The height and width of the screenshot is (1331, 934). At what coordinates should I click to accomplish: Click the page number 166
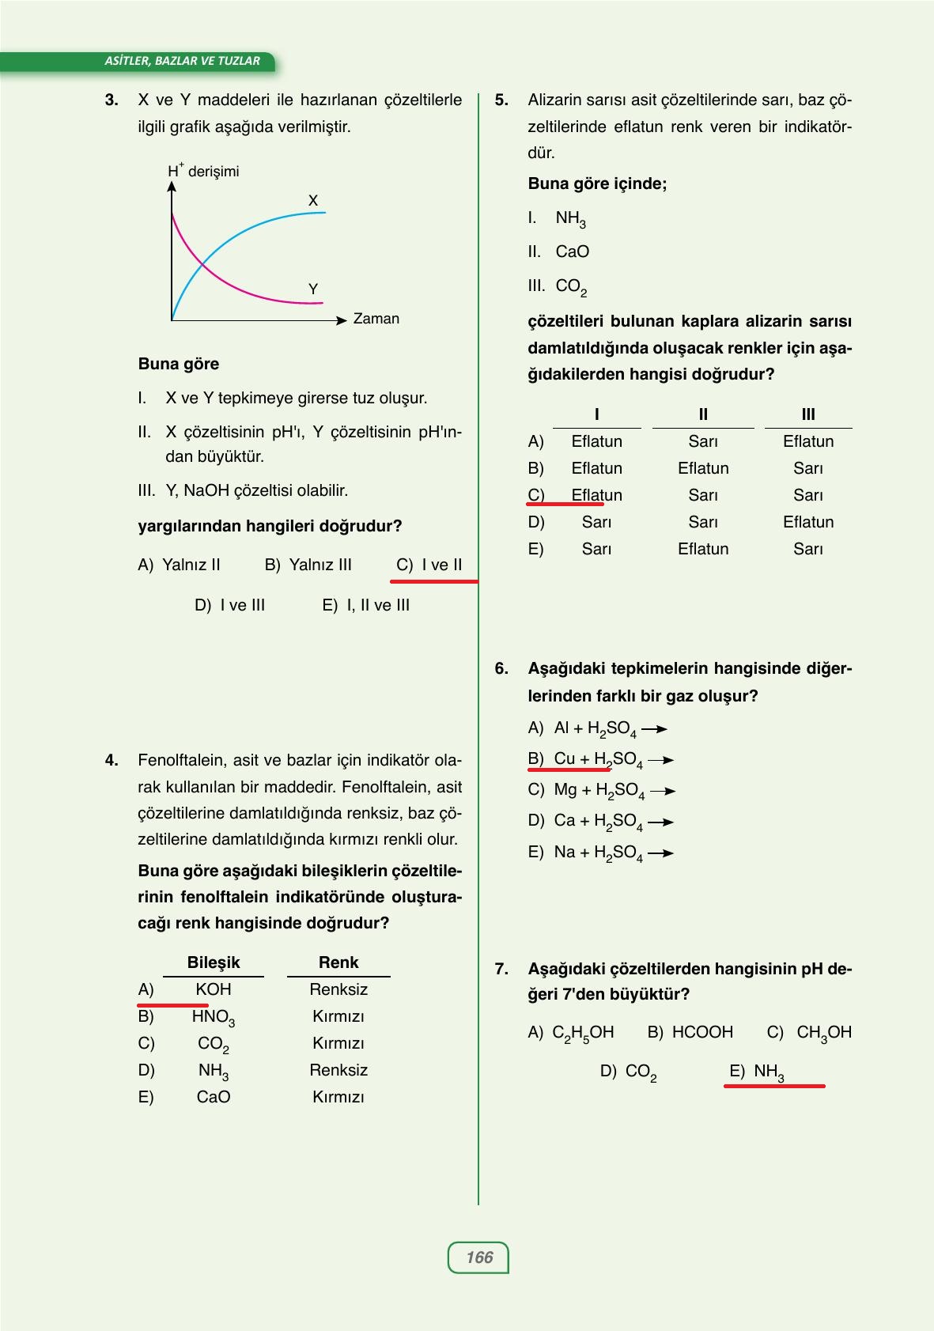coord(478,1257)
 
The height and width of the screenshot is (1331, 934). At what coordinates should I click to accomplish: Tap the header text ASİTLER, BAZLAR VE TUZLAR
coord(182,61)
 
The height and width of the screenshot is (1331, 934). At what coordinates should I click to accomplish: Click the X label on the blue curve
coord(313,201)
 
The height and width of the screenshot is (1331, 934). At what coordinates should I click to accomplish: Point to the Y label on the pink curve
coord(313,289)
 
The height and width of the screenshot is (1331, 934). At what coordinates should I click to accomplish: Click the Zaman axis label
coord(376,319)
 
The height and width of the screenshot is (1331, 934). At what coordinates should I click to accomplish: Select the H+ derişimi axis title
coord(203,171)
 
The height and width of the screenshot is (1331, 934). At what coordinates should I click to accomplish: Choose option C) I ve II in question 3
coord(429,565)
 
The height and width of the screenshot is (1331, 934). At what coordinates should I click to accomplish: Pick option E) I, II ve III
coord(366,605)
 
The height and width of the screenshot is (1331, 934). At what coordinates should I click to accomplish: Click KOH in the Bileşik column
coord(214,989)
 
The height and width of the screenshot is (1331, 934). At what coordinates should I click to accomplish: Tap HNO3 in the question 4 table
coord(213,1017)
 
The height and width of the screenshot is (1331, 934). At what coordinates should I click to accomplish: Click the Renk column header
coord(338,962)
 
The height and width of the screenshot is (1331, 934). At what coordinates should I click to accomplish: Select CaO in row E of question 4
coord(214,1097)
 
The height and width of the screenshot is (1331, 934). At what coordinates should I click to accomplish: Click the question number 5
coord(501,100)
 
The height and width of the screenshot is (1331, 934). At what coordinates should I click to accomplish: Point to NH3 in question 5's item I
coord(570,218)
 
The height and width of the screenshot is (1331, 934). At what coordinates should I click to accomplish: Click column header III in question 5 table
coord(807,414)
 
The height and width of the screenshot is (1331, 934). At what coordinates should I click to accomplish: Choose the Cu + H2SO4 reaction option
coord(597,759)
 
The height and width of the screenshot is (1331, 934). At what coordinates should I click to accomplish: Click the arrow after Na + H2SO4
coord(660,853)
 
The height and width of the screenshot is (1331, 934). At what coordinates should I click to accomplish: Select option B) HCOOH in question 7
coord(690,1032)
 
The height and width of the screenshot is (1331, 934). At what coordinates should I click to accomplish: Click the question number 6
coord(501,668)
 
